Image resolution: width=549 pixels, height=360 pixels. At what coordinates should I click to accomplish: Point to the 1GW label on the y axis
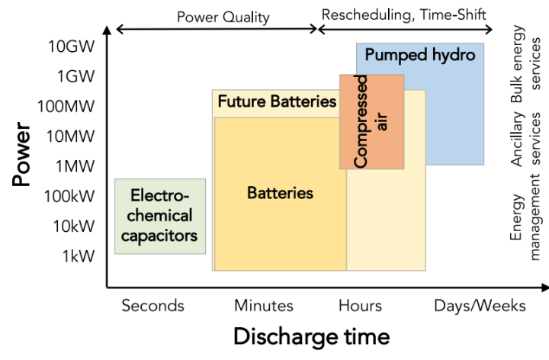[x=75, y=76]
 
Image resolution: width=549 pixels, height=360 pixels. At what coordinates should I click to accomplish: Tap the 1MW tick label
[x=75, y=166]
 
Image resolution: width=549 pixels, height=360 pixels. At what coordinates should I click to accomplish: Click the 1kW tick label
[x=79, y=256]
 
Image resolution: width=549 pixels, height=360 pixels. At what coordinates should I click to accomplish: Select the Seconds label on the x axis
[x=152, y=306]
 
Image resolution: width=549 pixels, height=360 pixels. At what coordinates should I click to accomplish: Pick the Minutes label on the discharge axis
[x=263, y=306]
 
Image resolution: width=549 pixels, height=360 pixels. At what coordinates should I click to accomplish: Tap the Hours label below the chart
[x=360, y=306]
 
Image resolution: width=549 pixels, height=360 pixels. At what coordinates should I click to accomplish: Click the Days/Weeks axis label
[x=480, y=306]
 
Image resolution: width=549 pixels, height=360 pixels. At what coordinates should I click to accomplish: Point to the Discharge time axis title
[x=311, y=336]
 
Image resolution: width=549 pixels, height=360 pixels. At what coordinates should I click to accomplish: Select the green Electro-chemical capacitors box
[x=160, y=216]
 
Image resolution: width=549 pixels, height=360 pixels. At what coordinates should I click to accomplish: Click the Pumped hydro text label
[x=419, y=56]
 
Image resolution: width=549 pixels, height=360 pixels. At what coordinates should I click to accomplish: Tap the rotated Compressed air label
[x=371, y=121]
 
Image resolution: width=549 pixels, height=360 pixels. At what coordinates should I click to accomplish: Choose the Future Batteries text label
[x=277, y=101]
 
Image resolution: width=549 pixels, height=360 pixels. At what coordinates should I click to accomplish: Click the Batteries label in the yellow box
[x=280, y=193]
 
